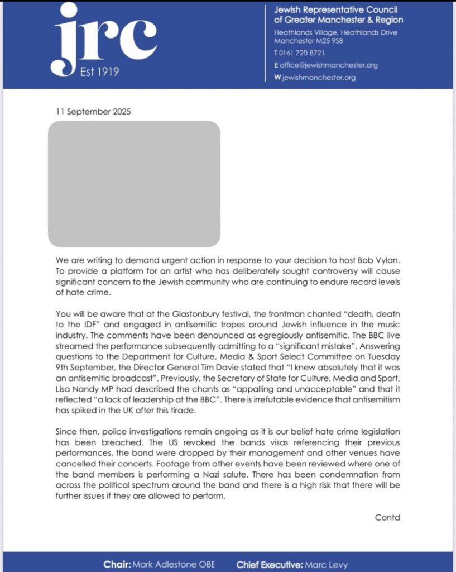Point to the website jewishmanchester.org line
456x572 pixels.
pyautogui.click(x=319, y=78)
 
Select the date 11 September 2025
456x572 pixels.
pyautogui.click(x=93, y=112)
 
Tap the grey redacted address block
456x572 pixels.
pyautogui.click(x=134, y=184)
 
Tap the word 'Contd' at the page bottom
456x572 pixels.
pyautogui.click(x=387, y=517)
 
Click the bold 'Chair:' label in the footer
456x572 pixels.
pyautogui.click(x=117, y=564)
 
